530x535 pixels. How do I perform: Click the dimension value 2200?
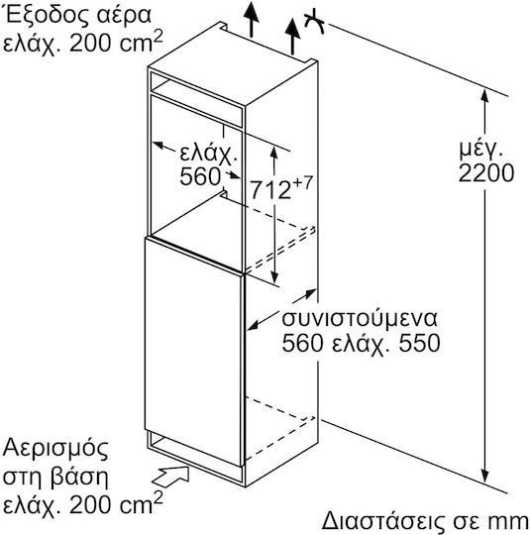[x=486, y=172]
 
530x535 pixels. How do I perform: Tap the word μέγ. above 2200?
[x=480, y=149]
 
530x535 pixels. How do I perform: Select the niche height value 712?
[x=270, y=189]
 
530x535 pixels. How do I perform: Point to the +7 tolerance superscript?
[x=302, y=183]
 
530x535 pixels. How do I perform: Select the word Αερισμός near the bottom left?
[x=55, y=449]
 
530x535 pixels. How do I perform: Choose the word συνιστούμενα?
[x=359, y=318]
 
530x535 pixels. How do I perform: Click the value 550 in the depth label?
[x=419, y=342]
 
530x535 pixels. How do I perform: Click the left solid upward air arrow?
[x=252, y=19]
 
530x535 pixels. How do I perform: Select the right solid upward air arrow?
[x=292, y=37]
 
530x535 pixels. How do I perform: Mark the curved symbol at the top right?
[x=314, y=22]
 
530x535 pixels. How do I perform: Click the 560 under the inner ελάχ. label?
[x=200, y=176]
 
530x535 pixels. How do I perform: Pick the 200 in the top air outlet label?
[x=90, y=43]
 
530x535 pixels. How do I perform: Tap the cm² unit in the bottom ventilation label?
[x=140, y=502]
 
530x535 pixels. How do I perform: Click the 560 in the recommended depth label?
[x=302, y=342]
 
